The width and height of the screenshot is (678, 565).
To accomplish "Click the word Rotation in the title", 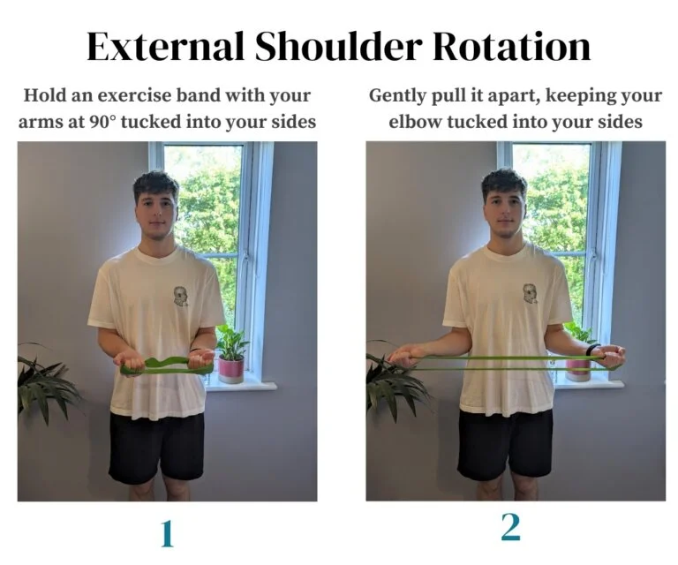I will (x=509, y=47).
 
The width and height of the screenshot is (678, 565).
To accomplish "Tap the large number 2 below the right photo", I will (x=511, y=527).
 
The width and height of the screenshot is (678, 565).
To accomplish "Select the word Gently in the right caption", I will (x=399, y=95).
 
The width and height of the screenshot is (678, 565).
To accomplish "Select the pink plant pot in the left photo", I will (x=230, y=369).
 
